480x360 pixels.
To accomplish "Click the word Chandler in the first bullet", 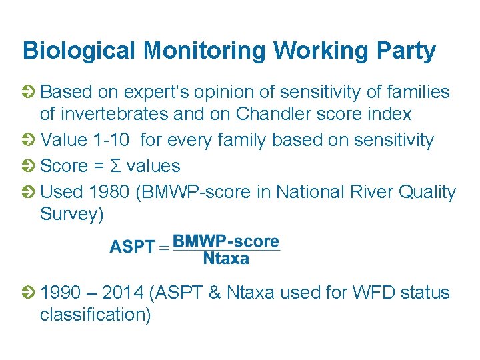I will coord(275,114).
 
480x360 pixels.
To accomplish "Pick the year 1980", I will coord(106,193).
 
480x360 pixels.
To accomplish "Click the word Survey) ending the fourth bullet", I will coord(72,214).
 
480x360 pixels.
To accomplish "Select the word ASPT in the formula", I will coord(132,247).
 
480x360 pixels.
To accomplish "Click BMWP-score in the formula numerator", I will coord(226,241).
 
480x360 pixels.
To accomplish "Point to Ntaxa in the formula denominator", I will coord(226,259).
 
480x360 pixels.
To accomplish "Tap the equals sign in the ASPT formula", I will coord(163,247).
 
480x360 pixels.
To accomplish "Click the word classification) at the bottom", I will coord(95,314).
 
